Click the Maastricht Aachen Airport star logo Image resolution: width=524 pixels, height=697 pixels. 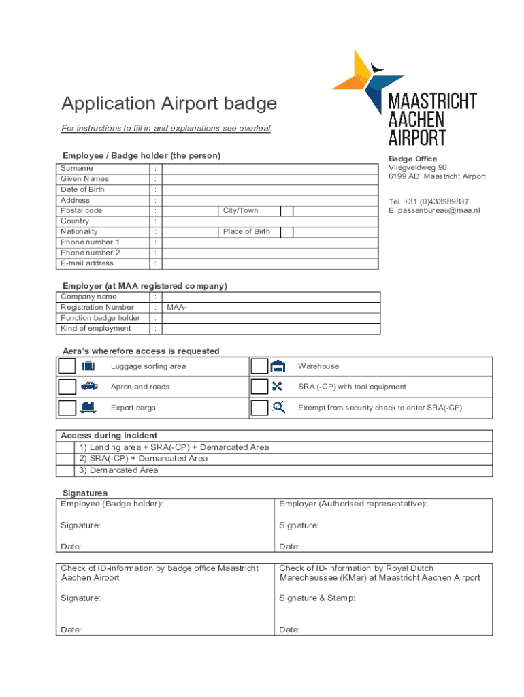click(x=359, y=78)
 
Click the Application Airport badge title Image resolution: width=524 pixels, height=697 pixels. click(x=169, y=103)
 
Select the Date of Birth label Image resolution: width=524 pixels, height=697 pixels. click(x=82, y=189)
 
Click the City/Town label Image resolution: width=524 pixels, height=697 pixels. click(x=241, y=210)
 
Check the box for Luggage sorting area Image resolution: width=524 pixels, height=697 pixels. click(x=67, y=366)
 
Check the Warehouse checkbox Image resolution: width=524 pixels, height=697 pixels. click(x=259, y=366)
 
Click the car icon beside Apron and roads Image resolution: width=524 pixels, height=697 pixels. click(x=88, y=387)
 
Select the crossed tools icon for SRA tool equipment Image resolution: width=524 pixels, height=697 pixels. click(x=277, y=387)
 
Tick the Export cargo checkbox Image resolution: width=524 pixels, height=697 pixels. click(x=67, y=408)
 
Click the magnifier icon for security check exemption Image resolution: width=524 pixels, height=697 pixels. click(x=278, y=408)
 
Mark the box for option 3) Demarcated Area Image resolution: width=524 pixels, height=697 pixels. click(x=66, y=470)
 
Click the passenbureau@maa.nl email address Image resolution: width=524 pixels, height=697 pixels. click(x=434, y=210)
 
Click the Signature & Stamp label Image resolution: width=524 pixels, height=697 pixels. click(x=317, y=598)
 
